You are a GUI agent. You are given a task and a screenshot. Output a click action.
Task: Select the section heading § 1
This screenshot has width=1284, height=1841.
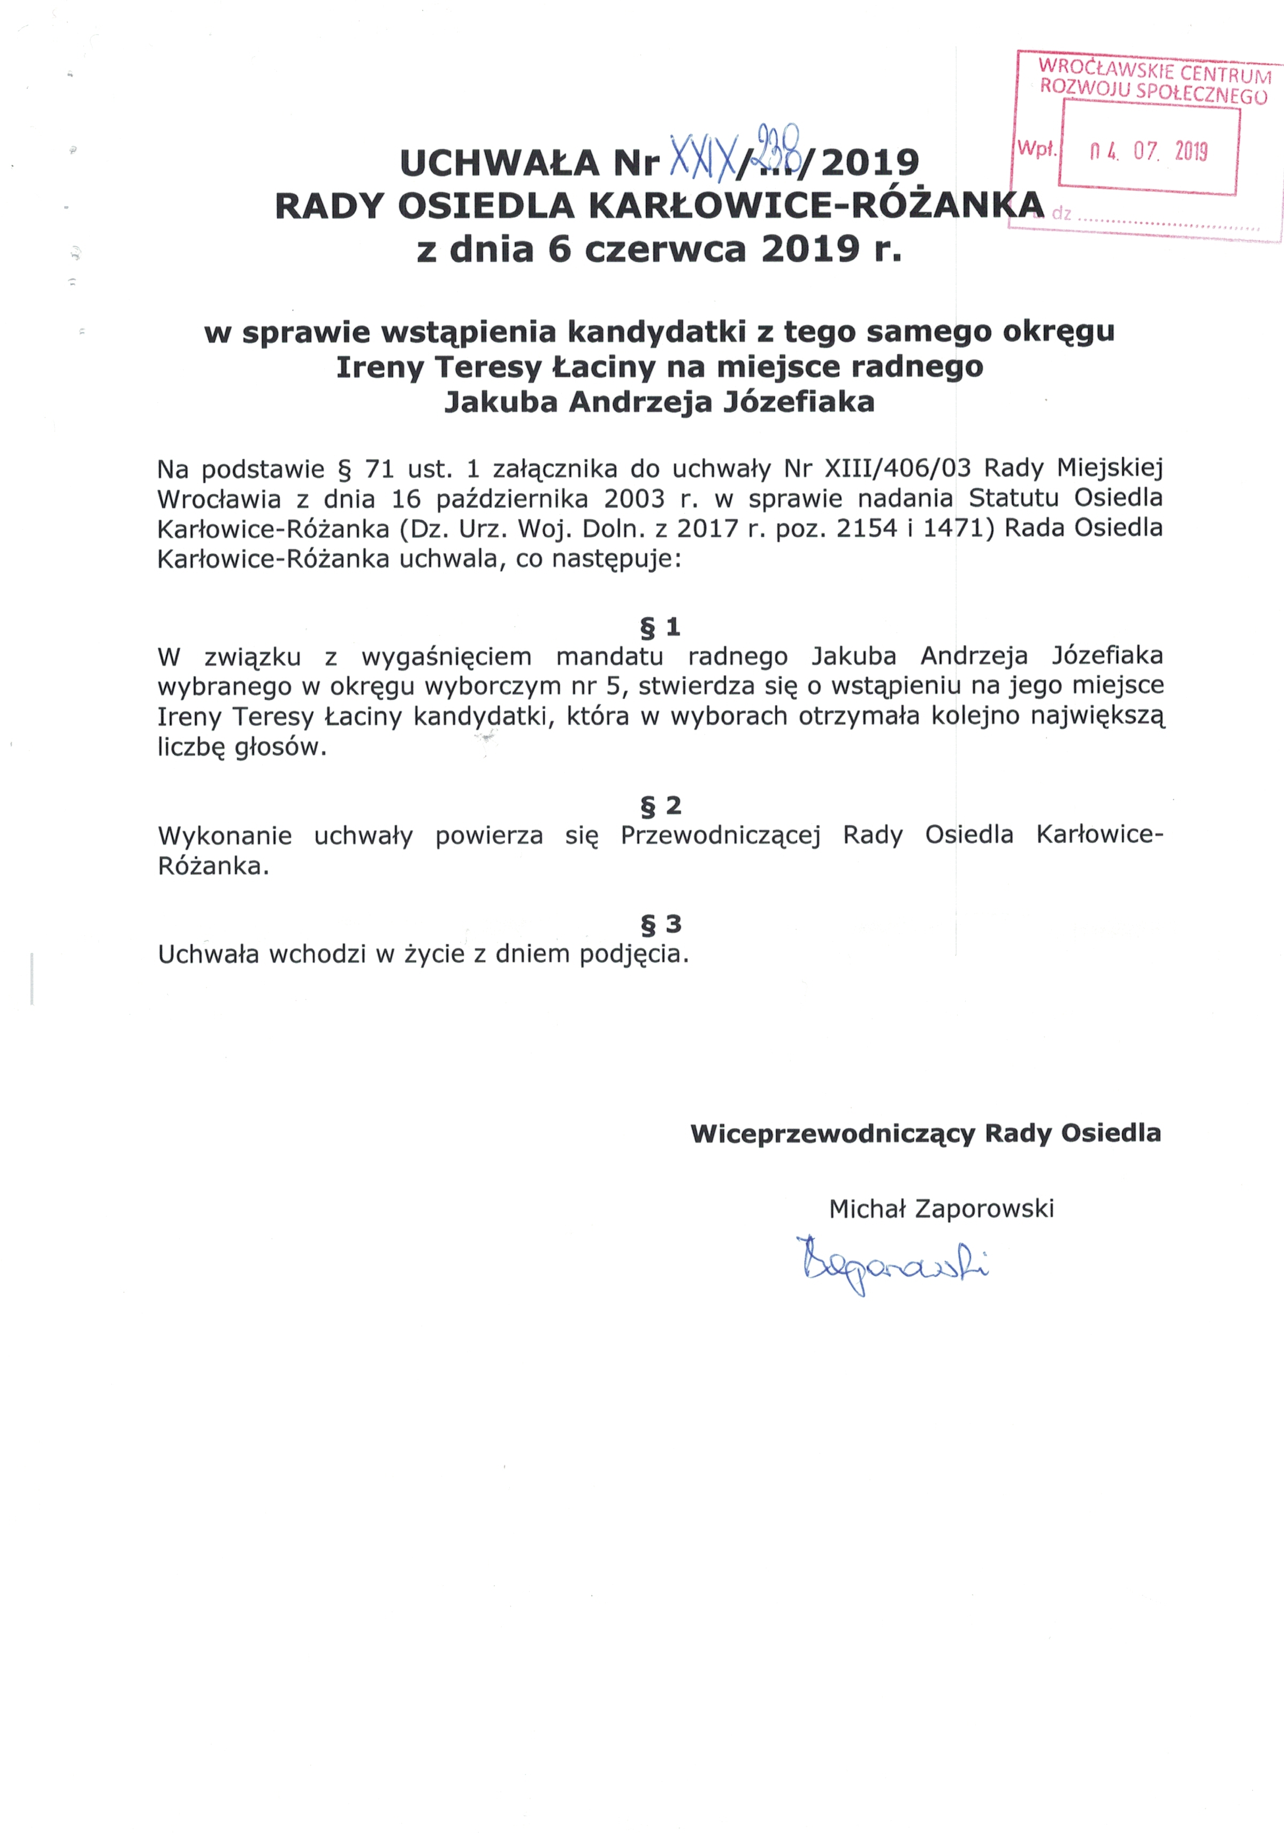tap(660, 627)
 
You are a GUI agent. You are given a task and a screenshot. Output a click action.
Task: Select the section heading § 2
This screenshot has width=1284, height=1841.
tap(660, 805)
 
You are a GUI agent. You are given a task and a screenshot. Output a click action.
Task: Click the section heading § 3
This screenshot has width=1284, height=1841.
tap(660, 923)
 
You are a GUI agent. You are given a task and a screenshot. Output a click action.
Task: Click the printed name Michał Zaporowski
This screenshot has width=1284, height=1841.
tap(941, 1208)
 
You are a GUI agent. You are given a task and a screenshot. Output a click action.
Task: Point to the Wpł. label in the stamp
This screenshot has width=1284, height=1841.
tap(1036, 148)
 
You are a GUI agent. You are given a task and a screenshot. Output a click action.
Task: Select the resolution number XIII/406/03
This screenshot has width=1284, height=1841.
tap(898, 468)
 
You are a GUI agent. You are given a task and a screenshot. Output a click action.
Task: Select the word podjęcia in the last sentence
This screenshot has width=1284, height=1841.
tap(634, 954)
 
